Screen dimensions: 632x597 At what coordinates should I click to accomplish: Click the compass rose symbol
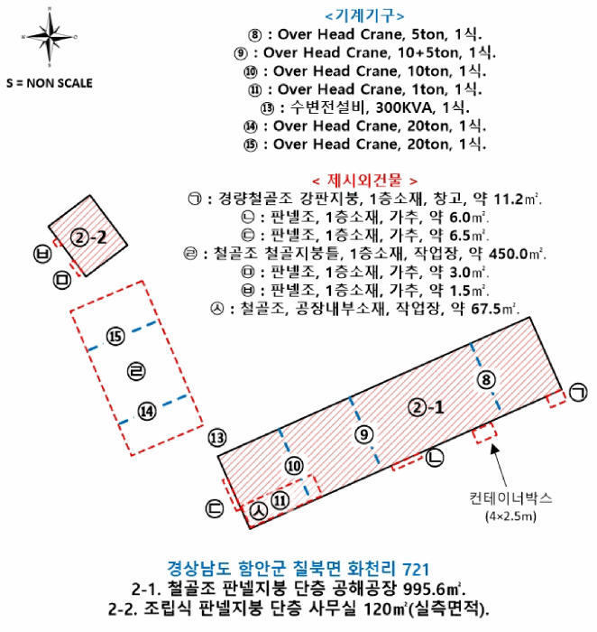pyautogui.click(x=50, y=38)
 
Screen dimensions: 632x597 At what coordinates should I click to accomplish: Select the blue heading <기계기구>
pyautogui.click(x=364, y=15)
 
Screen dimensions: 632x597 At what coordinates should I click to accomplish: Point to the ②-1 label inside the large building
pyautogui.click(x=425, y=406)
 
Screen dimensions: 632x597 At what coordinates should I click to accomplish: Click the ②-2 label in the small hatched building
pyautogui.click(x=90, y=238)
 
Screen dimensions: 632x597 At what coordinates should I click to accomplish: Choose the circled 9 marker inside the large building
pyautogui.click(x=363, y=435)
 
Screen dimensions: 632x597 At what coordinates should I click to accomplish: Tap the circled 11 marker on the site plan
pyautogui.click(x=281, y=499)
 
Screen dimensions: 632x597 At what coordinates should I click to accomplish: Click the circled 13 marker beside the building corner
pyautogui.click(x=216, y=439)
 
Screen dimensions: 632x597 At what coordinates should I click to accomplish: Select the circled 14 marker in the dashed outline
pyautogui.click(x=148, y=411)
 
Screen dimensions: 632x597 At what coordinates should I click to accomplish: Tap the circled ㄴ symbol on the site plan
pyautogui.click(x=435, y=459)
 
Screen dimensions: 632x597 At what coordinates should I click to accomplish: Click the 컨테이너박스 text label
pyautogui.click(x=510, y=497)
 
